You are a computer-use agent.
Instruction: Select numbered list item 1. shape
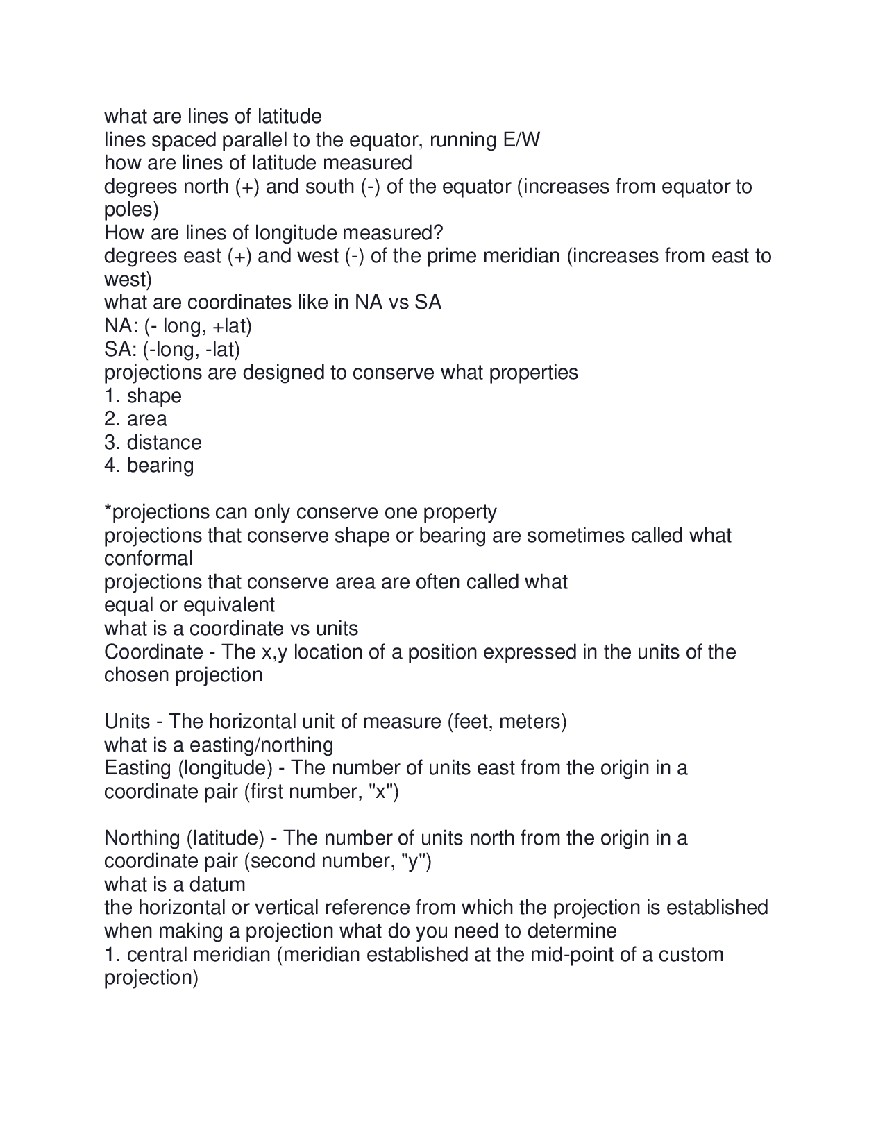click(x=143, y=396)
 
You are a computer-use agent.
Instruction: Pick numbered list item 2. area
click(x=135, y=419)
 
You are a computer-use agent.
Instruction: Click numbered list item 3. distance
click(x=153, y=443)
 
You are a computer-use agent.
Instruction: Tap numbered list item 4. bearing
click(x=149, y=466)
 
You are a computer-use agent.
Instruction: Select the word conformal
click(x=149, y=559)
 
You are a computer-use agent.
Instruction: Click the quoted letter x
click(x=380, y=792)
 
